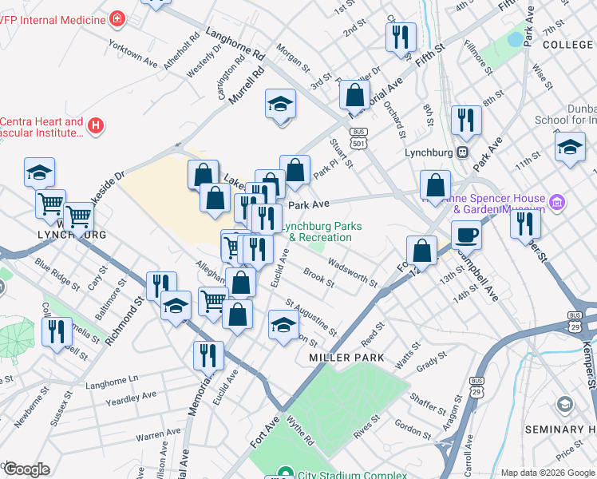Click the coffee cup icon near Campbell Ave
[466, 236]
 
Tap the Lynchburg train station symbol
[461, 152]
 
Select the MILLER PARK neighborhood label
[341, 358]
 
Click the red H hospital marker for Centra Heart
[96, 125]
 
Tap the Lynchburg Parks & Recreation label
[319, 232]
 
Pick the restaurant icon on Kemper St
[525, 223]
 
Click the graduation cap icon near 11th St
[570, 148]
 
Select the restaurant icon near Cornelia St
[56, 330]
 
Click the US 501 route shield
[359, 137]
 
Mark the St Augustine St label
[311, 317]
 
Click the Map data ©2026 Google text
[548, 473]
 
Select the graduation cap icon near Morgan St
[280, 104]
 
